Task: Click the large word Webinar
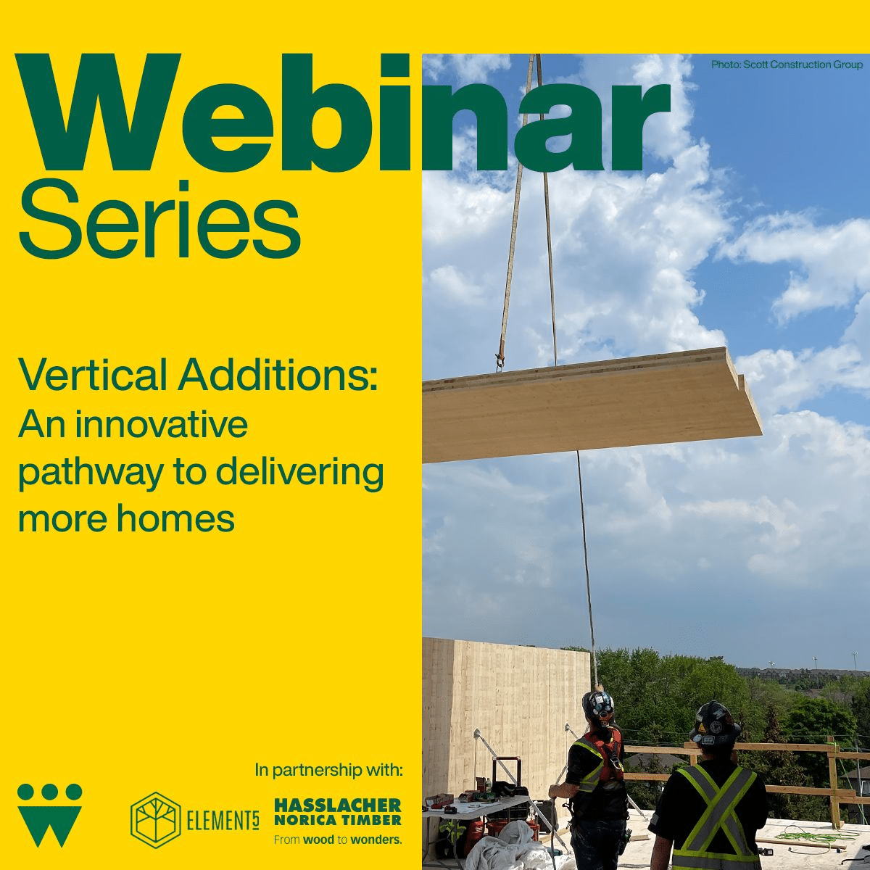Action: (343, 114)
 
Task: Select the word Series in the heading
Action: (159, 220)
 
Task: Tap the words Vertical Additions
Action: (197, 374)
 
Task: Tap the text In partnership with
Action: (328, 770)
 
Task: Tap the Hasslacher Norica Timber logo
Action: (338, 813)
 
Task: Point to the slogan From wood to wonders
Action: (338, 840)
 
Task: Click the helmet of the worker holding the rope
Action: (597, 706)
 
